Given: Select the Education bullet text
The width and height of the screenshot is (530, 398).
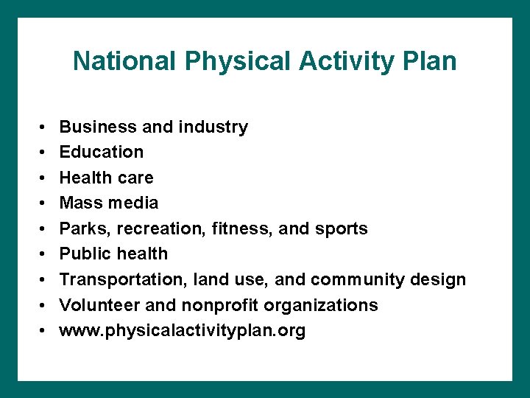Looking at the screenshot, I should click(102, 152).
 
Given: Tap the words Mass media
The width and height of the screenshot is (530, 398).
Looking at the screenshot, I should click(109, 203).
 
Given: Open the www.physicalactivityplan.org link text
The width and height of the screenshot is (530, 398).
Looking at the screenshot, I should click(183, 331).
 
